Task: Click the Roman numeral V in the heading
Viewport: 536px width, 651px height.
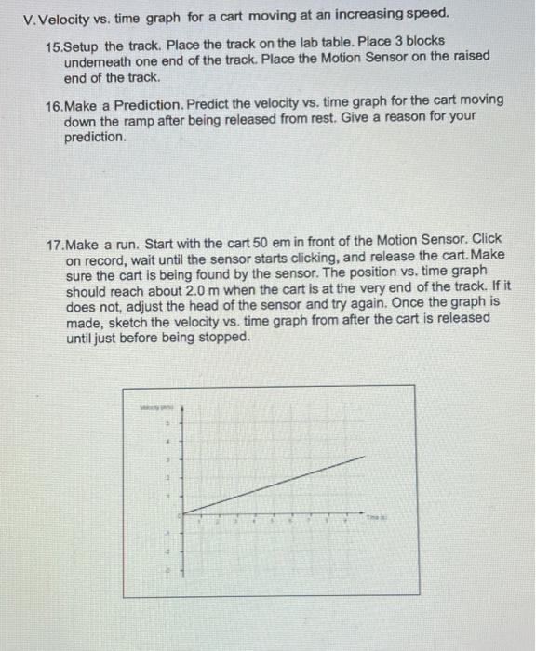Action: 10,15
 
